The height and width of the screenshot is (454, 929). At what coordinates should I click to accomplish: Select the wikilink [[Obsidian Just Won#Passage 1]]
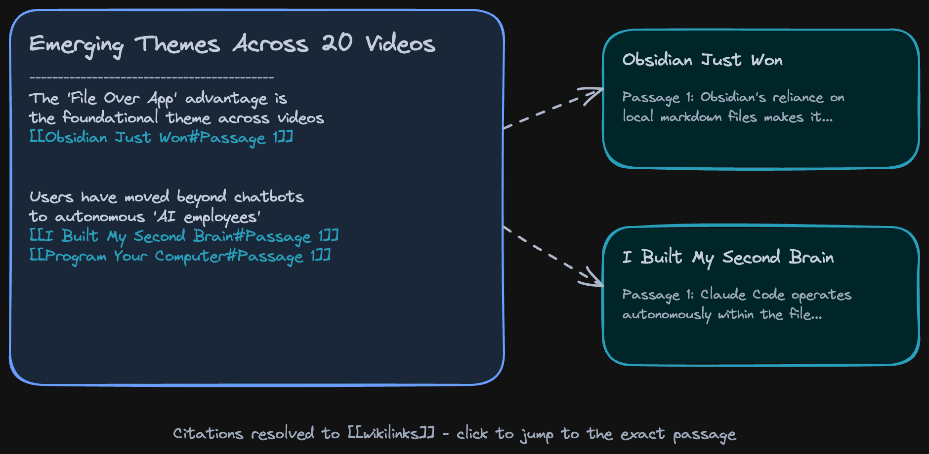click(161, 137)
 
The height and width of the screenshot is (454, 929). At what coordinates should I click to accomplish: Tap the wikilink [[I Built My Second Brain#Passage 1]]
click(184, 236)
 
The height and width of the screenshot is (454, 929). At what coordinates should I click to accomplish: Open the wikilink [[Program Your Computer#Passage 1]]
click(180, 256)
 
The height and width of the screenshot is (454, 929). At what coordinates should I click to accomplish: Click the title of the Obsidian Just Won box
click(702, 60)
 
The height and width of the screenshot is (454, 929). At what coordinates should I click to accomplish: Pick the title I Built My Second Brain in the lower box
click(728, 257)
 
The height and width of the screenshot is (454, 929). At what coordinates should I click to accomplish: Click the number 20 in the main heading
click(337, 43)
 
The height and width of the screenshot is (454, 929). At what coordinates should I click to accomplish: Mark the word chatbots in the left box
click(269, 197)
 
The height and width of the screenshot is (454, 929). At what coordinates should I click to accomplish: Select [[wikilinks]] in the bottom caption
click(391, 433)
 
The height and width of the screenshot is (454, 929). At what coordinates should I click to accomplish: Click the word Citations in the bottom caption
click(208, 433)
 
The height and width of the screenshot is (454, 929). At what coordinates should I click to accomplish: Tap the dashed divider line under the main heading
click(152, 77)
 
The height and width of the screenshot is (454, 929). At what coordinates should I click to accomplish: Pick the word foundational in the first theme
click(110, 118)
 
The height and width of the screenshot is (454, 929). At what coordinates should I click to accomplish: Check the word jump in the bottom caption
click(536, 434)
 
